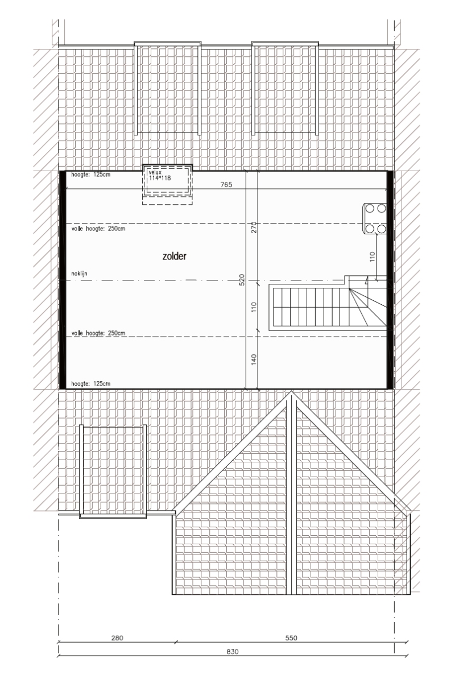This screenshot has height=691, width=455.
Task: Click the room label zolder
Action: (174, 256)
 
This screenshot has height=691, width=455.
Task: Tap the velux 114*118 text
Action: (159, 175)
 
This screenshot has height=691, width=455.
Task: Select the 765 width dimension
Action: (226, 184)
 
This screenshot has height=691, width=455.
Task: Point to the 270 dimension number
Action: (254, 227)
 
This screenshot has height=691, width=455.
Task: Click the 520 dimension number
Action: (242, 280)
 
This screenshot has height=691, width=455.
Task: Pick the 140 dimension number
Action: (254, 359)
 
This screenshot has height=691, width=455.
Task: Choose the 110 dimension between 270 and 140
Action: (254, 307)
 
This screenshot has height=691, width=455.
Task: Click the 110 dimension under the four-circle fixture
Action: (373, 256)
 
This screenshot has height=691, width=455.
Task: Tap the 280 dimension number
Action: (117, 638)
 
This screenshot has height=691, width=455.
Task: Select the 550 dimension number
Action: (291, 638)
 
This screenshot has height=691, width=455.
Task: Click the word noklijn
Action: (79, 274)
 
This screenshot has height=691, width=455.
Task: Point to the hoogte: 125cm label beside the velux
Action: (90, 175)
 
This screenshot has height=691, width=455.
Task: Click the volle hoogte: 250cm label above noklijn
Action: (98, 229)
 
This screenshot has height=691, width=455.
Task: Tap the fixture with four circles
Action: (375, 219)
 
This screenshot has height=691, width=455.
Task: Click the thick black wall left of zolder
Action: (63, 279)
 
